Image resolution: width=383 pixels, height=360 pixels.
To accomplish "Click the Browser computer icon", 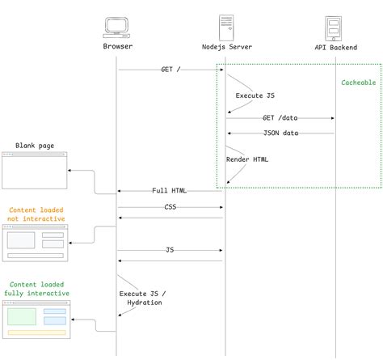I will [117, 27].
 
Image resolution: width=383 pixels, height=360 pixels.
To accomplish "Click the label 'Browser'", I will [118, 47].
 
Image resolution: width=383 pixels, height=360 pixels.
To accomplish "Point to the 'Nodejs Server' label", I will [227, 47].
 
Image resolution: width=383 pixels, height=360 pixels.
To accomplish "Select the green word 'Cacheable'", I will [359, 83].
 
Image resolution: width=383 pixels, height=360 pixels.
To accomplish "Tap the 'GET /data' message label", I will [280, 118].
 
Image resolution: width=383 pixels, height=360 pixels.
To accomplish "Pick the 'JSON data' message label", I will [280, 133].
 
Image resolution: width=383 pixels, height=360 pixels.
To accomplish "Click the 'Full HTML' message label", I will [170, 191].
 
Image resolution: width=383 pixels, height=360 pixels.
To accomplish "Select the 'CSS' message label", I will [170, 207].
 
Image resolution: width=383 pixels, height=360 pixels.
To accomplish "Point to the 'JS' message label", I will [170, 251].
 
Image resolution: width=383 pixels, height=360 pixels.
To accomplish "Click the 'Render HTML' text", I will [248, 159].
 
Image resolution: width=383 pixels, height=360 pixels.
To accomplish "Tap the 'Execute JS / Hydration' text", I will [141, 298].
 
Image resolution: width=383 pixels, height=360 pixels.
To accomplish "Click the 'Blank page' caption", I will [34, 146].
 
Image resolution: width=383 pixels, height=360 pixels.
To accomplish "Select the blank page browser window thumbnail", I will [34, 171].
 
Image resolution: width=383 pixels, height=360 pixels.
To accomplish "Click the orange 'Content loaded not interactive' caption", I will [36, 214].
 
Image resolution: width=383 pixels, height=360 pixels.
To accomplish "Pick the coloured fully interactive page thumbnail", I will [37, 319].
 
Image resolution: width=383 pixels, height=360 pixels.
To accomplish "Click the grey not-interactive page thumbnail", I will [36, 243].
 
